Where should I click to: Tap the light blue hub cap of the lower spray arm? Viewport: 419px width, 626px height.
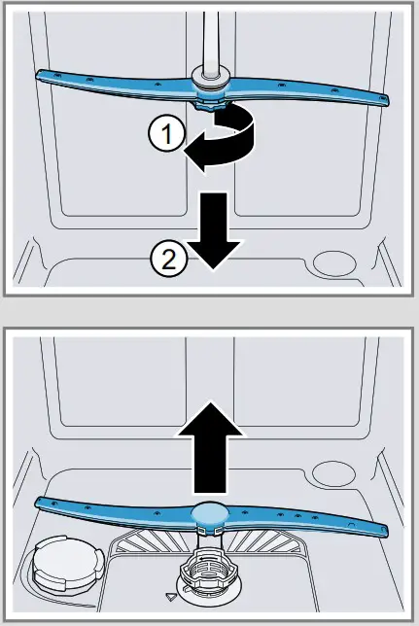coord(210,515)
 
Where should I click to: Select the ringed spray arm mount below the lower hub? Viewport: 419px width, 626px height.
coord(207,582)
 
